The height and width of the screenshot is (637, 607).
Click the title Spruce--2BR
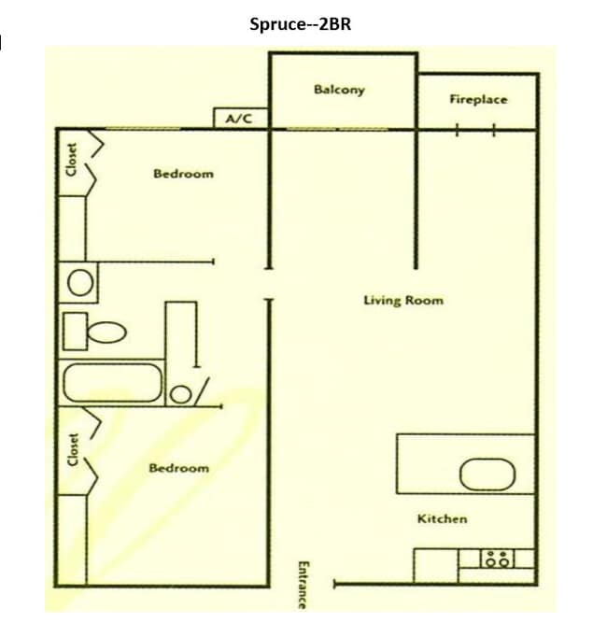301,24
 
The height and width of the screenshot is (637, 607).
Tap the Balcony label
339,90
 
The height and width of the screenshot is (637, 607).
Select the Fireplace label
478,99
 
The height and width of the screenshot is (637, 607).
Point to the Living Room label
403,301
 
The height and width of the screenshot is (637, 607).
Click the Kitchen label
442,518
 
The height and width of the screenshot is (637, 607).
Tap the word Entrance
302,585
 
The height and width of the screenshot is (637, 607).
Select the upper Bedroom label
183,174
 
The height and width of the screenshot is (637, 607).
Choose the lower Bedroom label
179,468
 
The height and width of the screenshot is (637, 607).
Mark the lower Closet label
72,451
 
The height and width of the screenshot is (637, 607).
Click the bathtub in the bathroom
111,383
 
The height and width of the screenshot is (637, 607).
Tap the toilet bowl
108,332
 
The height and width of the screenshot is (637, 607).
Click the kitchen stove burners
497,559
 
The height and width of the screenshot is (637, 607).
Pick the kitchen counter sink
487,474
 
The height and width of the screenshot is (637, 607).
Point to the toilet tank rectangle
74,330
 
